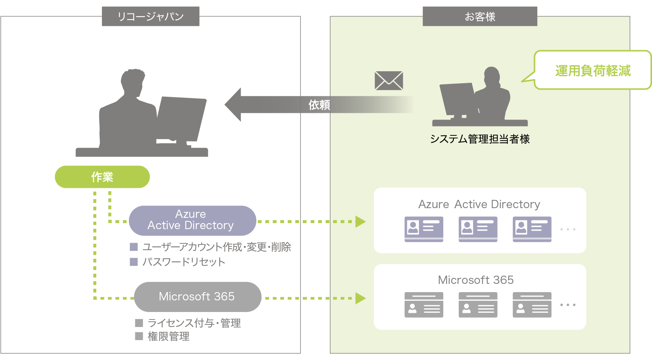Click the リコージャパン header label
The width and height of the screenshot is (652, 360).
(150, 16)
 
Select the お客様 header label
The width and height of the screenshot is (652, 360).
(480, 16)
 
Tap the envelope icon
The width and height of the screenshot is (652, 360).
(389, 81)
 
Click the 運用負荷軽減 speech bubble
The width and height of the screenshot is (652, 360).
(593, 70)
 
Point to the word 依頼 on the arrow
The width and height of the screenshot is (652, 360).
(319, 105)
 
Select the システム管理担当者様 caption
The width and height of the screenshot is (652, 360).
(480, 139)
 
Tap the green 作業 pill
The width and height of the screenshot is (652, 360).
(102, 177)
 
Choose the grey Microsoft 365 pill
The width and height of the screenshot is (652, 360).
(197, 297)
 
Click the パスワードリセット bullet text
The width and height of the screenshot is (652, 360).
(184, 262)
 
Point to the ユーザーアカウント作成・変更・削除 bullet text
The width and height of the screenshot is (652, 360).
(217, 247)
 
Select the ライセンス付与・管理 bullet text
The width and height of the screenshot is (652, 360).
(194, 323)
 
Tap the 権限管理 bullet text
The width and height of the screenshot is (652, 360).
(169, 336)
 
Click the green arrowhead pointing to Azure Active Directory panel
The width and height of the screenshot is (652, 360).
(360, 222)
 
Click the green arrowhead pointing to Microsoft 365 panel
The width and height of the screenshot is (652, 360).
(360, 298)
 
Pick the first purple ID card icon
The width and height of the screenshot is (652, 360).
(424, 229)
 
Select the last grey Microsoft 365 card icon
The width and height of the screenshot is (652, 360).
(532, 305)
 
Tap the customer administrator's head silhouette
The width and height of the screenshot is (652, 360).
(492, 75)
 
